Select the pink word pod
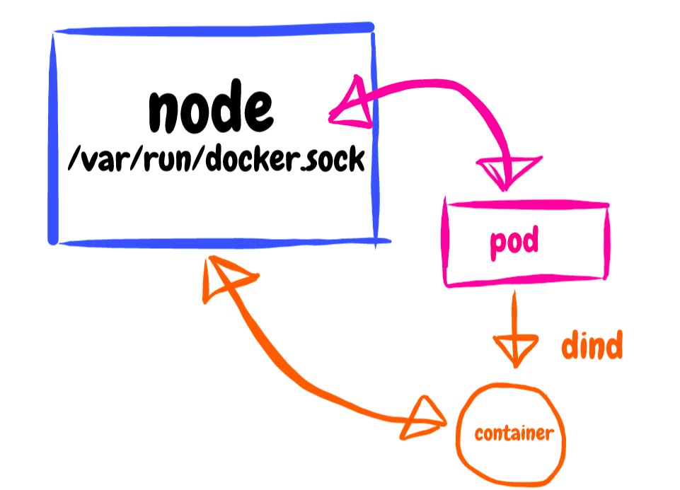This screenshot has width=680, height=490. (514, 243)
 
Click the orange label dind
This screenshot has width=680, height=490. (592, 346)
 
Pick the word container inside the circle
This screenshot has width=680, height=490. (513, 433)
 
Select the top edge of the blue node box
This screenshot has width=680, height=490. (212, 30)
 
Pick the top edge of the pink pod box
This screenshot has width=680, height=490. (525, 204)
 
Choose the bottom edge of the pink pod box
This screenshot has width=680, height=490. (525, 282)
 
